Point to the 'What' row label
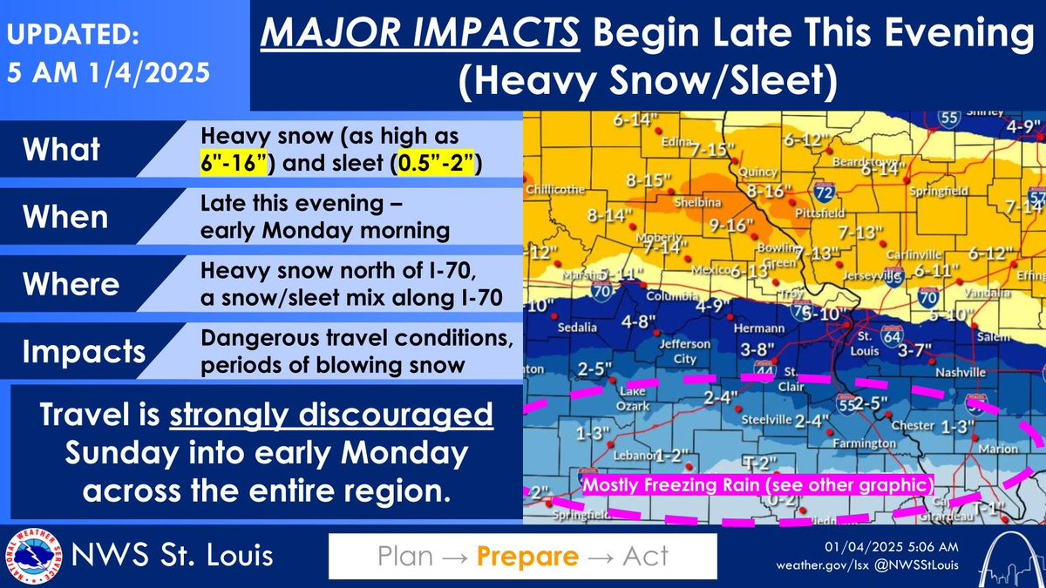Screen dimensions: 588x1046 (61, 149)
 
